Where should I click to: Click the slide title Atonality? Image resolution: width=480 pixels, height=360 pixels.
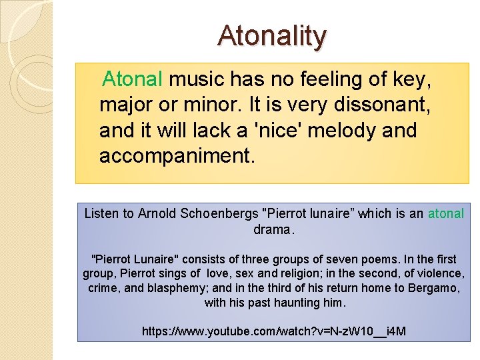click(x=272, y=36)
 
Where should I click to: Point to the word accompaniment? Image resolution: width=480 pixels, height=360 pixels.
click(x=177, y=156)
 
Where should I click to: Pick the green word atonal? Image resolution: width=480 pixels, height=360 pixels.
click(x=445, y=214)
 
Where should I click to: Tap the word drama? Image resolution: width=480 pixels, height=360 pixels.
click(x=272, y=230)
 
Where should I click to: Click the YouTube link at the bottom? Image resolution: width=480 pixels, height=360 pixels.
click(x=274, y=331)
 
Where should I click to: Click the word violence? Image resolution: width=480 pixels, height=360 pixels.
click(x=437, y=273)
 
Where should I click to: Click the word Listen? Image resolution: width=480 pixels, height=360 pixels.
click(x=101, y=214)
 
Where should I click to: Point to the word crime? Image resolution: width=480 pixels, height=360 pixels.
click(x=101, y=288)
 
